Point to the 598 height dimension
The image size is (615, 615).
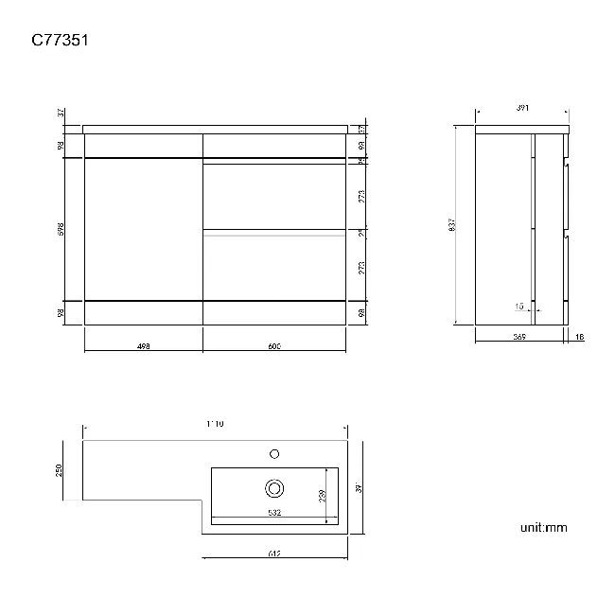pos(61,228)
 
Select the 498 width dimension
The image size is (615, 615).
pos(143,346)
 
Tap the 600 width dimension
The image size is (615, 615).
pos(274,346)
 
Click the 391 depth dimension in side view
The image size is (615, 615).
pos(522,108)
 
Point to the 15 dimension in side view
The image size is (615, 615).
pos(518,307)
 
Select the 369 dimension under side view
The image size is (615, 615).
pos(518,336)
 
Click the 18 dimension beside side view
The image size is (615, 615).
pos(578,336)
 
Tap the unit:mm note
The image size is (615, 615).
pos(543,527)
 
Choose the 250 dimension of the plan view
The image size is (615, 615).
pos(59,469)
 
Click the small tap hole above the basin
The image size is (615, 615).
pos(274,453)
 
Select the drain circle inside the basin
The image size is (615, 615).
pos(274,488)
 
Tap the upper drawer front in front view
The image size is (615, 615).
pos(274,196)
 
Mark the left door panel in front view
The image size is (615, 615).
pos(143,228)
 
